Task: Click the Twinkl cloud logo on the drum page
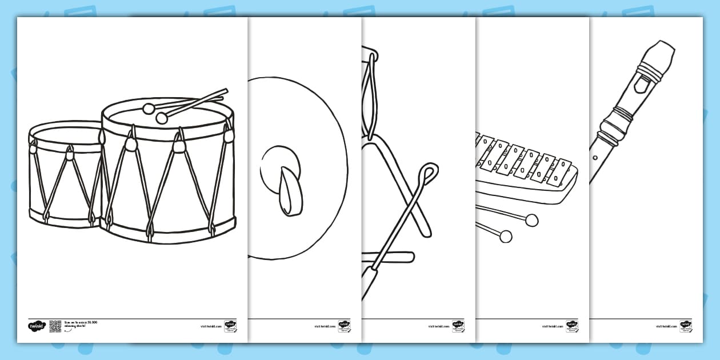36,326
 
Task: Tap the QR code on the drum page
55,326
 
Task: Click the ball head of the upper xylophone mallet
531,219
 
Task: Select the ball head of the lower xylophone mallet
505,235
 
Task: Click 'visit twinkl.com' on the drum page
211,326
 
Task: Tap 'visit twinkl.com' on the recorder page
667,326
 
